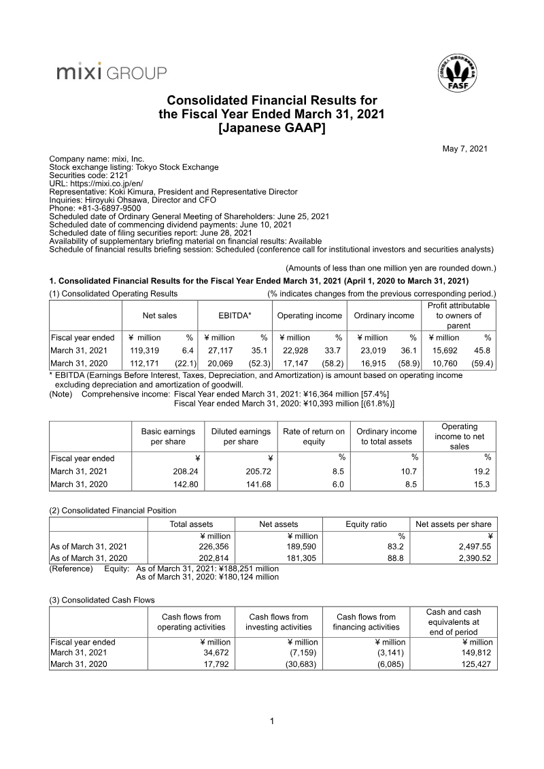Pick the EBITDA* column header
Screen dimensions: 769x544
tap(235, 315)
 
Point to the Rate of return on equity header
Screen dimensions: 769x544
tap(313, 436)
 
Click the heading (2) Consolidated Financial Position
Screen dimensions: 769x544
tap(113, 511)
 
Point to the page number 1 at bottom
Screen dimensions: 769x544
tap(272, 721)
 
